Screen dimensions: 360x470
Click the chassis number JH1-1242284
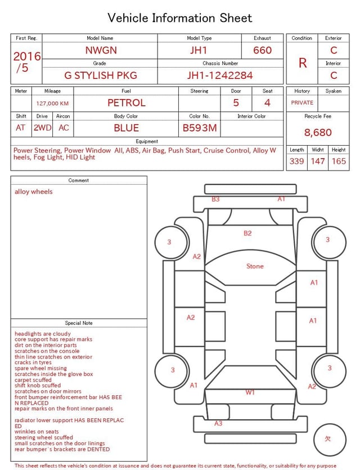point(220,75)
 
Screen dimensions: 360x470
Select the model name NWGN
point(101,50)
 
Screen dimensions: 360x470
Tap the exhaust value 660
point(262,50)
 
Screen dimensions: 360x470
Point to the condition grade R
point(303,63)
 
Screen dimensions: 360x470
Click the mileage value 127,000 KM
point(52,104)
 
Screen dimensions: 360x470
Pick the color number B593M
point(200,128)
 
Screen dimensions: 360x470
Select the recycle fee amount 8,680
point(318,132)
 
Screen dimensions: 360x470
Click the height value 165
point(339,161)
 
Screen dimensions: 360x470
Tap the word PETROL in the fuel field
point(127,103)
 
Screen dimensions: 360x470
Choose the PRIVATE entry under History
point(302,102)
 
